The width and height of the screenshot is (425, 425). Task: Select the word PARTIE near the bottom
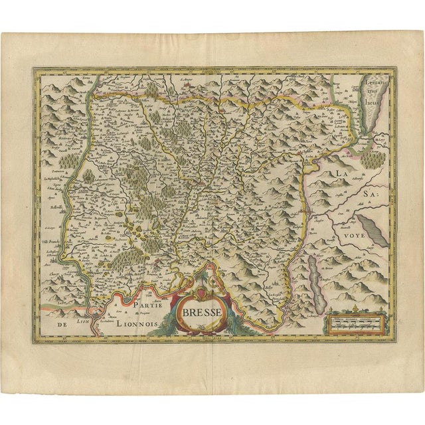(x=145, y=304)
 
